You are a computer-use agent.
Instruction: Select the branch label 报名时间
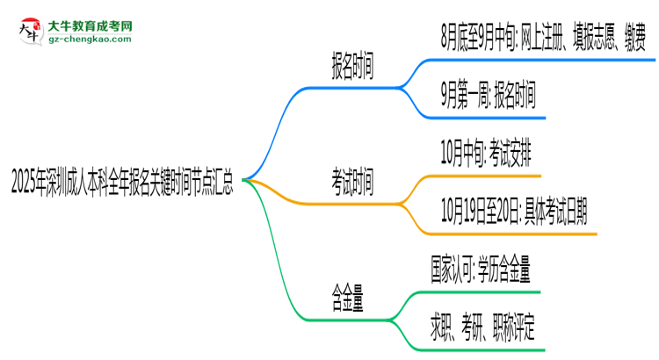(x=351, y=68)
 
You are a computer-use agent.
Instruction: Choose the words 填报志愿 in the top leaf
(x=574, y=40)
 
